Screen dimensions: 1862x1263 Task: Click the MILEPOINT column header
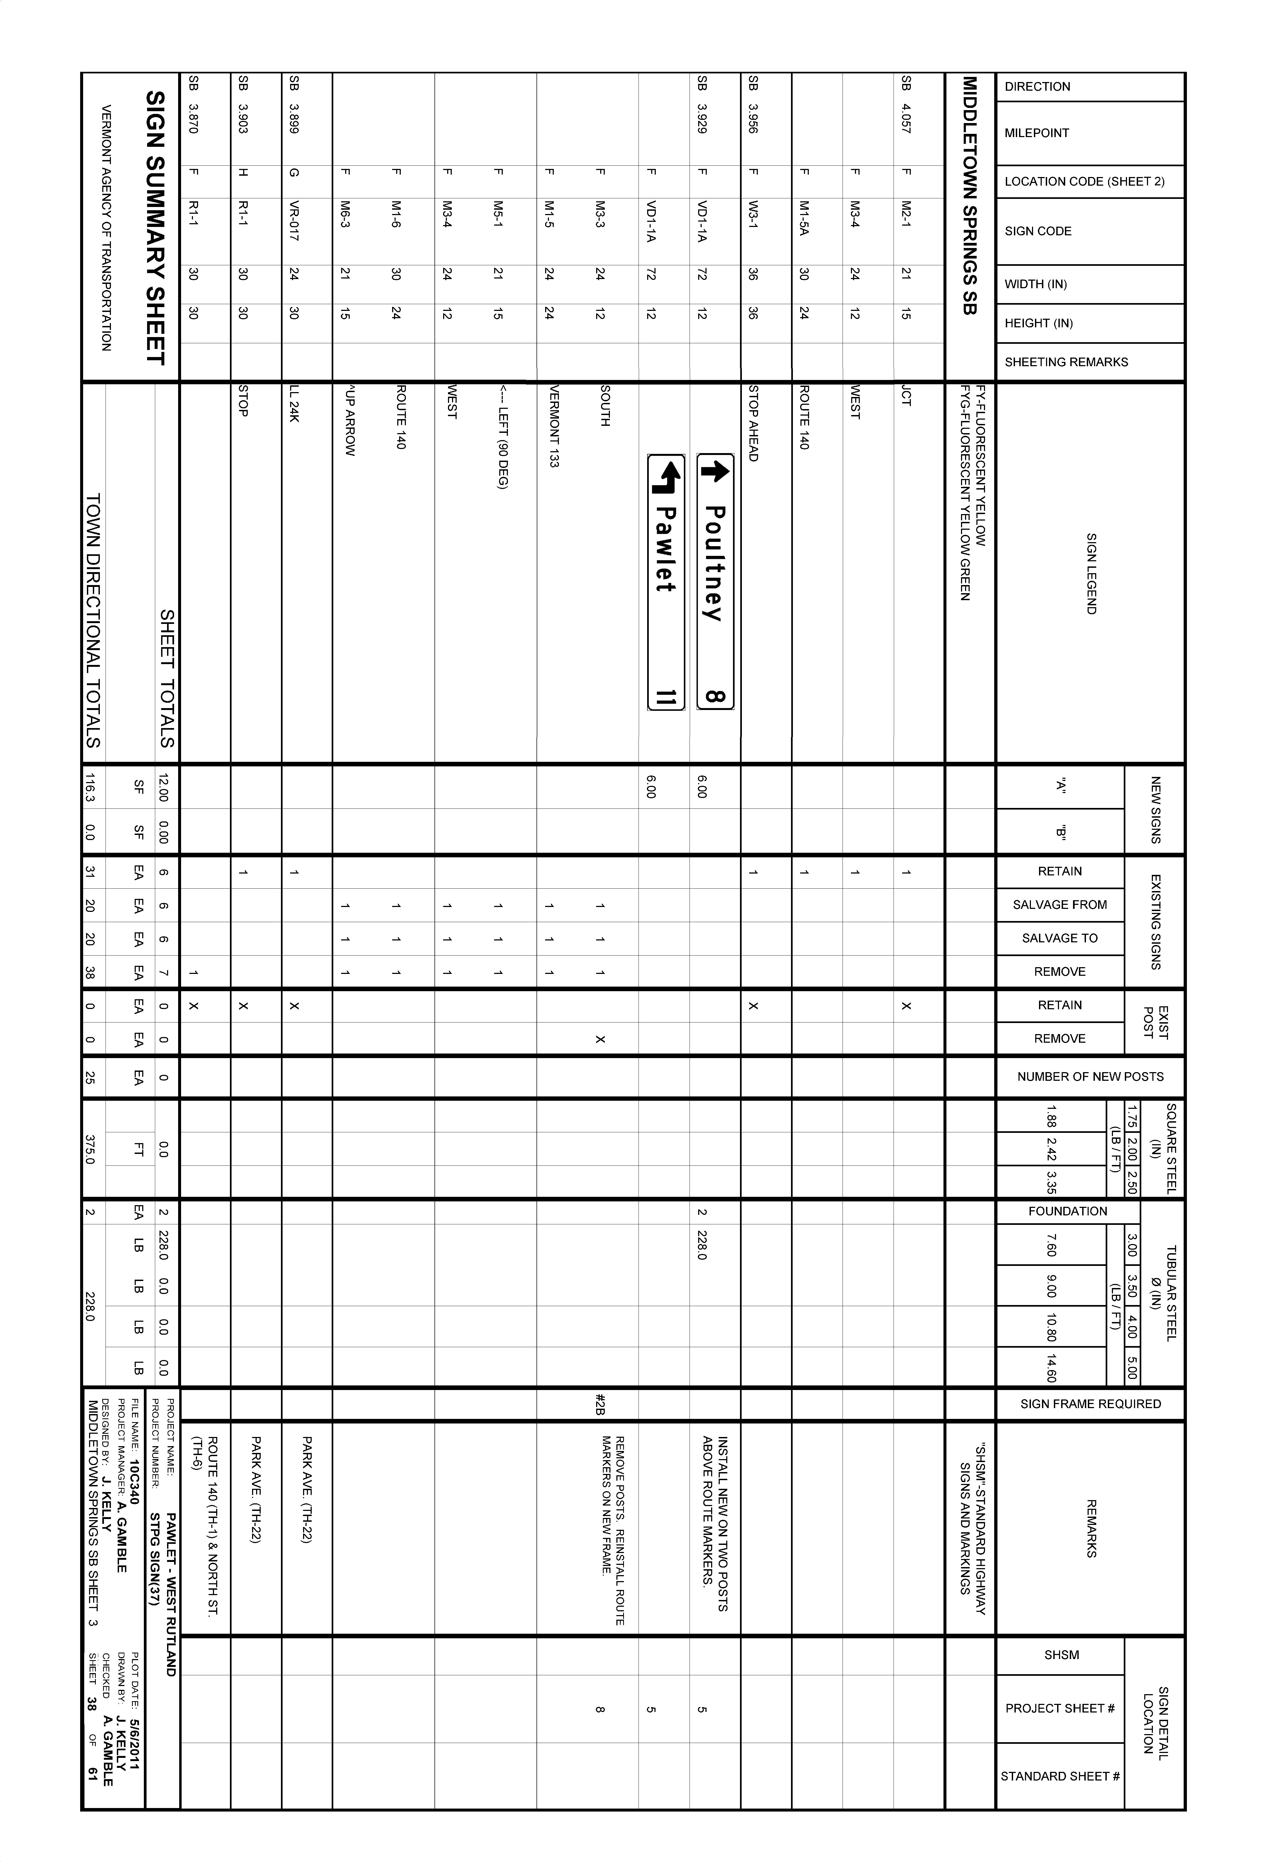tap(1037, 133)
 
